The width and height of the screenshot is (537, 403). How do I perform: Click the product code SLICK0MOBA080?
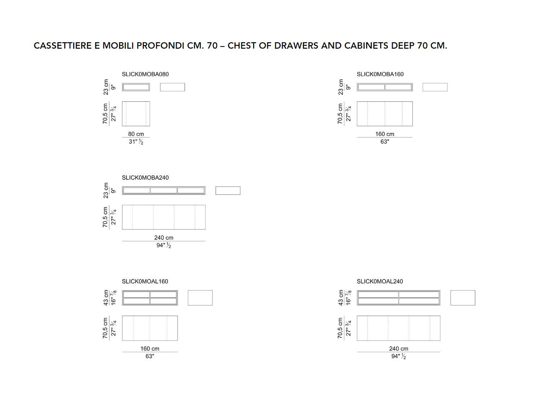pyautogui.click(x=145, y=74)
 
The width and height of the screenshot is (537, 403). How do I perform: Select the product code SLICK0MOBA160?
pyautogui.click(x=380, y=74)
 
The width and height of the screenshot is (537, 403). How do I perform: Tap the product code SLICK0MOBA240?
pyautogui.click(x=145, y=178)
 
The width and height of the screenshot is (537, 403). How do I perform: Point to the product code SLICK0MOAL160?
pyautogui.click(x=145, y=281)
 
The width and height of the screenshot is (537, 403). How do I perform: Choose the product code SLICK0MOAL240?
pyautogui.click(x=380, y=281)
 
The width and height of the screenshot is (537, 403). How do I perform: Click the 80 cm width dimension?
pyautogui.click(x=136, y=134)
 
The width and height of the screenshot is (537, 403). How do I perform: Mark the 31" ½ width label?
pyautogui.click(x=136, y=142)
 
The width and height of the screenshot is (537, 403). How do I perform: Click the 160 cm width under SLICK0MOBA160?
pyautogui.click(x=384, y=134)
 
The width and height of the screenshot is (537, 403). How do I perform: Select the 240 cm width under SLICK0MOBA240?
pyautogui.click(x=164, y=237)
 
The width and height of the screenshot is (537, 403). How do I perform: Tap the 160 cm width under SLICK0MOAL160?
pyautogui.click(x=150, y=349)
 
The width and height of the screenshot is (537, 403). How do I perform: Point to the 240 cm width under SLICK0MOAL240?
pyautogui.click(x=399, y=349)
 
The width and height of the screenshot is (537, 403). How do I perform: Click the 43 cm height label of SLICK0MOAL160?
pyautogui.click(x=106, y=298)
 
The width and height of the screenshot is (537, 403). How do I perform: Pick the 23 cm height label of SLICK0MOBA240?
pyautogui.click(x=106, y=190)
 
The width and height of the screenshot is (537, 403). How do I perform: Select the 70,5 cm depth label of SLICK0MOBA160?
pyautogui.click(x=340, y=114)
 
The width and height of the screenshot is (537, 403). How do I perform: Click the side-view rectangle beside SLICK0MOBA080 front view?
pyautogui.click(x=172, y=87)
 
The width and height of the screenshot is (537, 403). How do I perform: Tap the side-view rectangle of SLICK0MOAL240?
pyautogui.click(x=463, y=298)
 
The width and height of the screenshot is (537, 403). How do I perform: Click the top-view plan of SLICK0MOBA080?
pyautogui.click(x=136, y=114)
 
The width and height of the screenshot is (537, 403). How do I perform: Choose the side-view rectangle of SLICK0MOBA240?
pyautogui.click(x=228, y=190)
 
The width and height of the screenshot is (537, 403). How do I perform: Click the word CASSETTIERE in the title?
pyautogui.click(x=63, y=46)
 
